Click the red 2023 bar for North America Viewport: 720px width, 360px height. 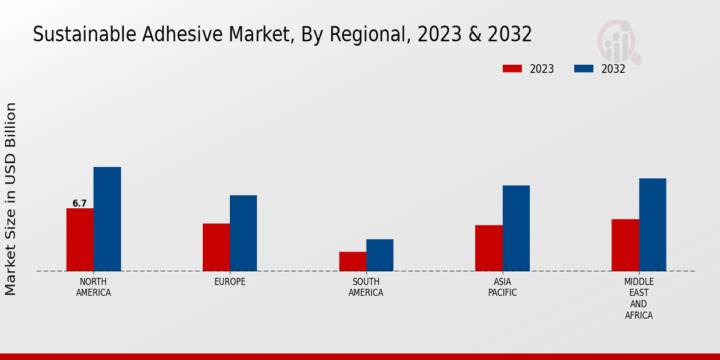(80, 239)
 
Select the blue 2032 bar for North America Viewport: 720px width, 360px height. (107, 219)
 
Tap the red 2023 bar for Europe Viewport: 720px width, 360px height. (216, 247)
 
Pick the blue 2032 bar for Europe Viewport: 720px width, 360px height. (243, 233)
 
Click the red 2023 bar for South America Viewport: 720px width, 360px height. (352, 261)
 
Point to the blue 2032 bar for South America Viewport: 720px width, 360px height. (380, 255)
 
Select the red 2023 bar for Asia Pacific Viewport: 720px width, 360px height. (488, 248)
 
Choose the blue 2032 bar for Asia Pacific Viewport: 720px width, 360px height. (516, 228)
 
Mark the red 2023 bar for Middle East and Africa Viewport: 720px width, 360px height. (625, 245)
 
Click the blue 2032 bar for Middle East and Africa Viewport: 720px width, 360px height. (652, 224)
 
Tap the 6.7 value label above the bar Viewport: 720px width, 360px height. (80, 203)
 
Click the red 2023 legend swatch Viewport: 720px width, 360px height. (512, 69)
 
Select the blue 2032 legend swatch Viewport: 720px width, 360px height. (584, 69)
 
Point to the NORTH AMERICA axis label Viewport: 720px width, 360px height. (94, 287)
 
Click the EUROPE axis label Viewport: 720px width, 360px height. (230, 282)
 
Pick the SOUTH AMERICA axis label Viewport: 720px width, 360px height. (366, 287)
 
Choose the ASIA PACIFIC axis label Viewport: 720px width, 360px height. (502, 287)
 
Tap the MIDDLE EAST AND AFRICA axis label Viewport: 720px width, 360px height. (638, 298)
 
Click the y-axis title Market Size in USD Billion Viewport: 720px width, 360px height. (11, 199)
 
